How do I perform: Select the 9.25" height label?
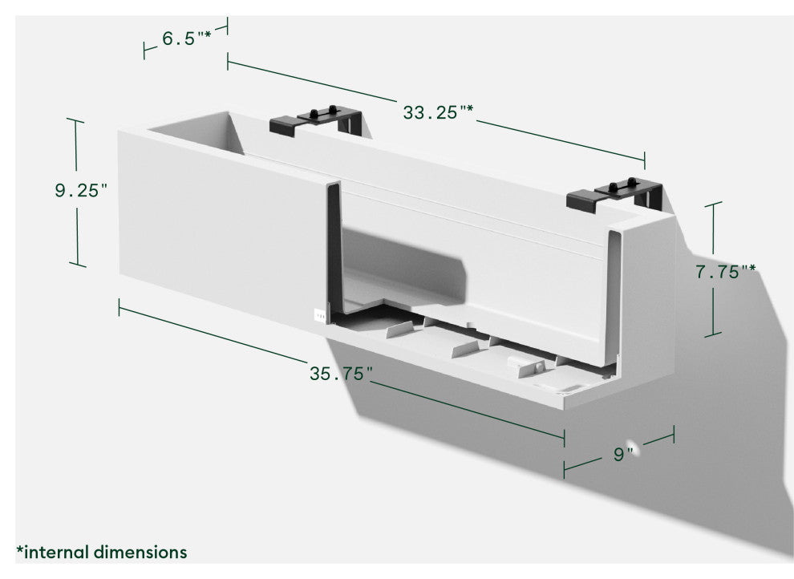(81, 191)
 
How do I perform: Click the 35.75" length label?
(342, 373)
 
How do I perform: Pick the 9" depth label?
(623, 455)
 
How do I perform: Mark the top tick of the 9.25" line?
(75, 120)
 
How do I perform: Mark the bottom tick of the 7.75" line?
(713, 334)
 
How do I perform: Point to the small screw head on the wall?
(634, 444)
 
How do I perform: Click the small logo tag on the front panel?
(321, 315)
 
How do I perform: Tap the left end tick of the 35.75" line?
(119, 307)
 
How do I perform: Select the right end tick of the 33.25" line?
(645, 159)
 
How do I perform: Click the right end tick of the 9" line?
(674, 435)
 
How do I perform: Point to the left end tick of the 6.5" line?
(144, 51)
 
